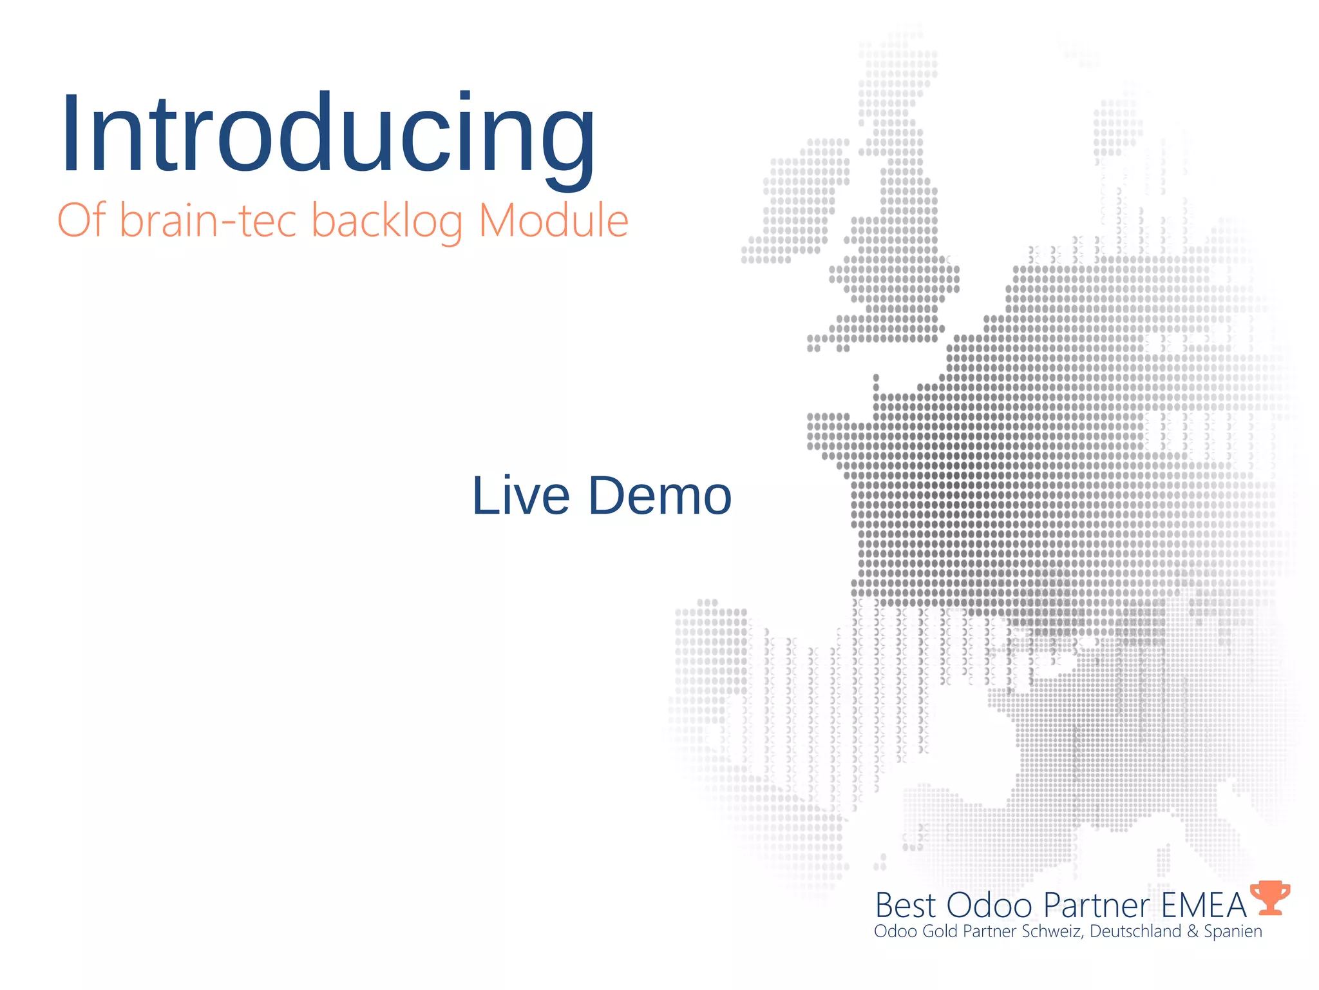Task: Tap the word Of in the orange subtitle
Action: pyautogui.click(x=81, y=220)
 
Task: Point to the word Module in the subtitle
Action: pyautogui.click(x=553, y=220)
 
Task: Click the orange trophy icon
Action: pyautogui.click(x=1270, y=898)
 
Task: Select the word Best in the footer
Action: pyautogui.click(x=905, y=905)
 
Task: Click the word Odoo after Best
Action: pyautogui.click(x=990, y=905)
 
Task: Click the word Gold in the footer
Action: pyautogui.click(x=940, y=931)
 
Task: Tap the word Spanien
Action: pyautogui.click(x=1233, y=931)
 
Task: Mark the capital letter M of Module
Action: pyautogui.click(x=500, y=220)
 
